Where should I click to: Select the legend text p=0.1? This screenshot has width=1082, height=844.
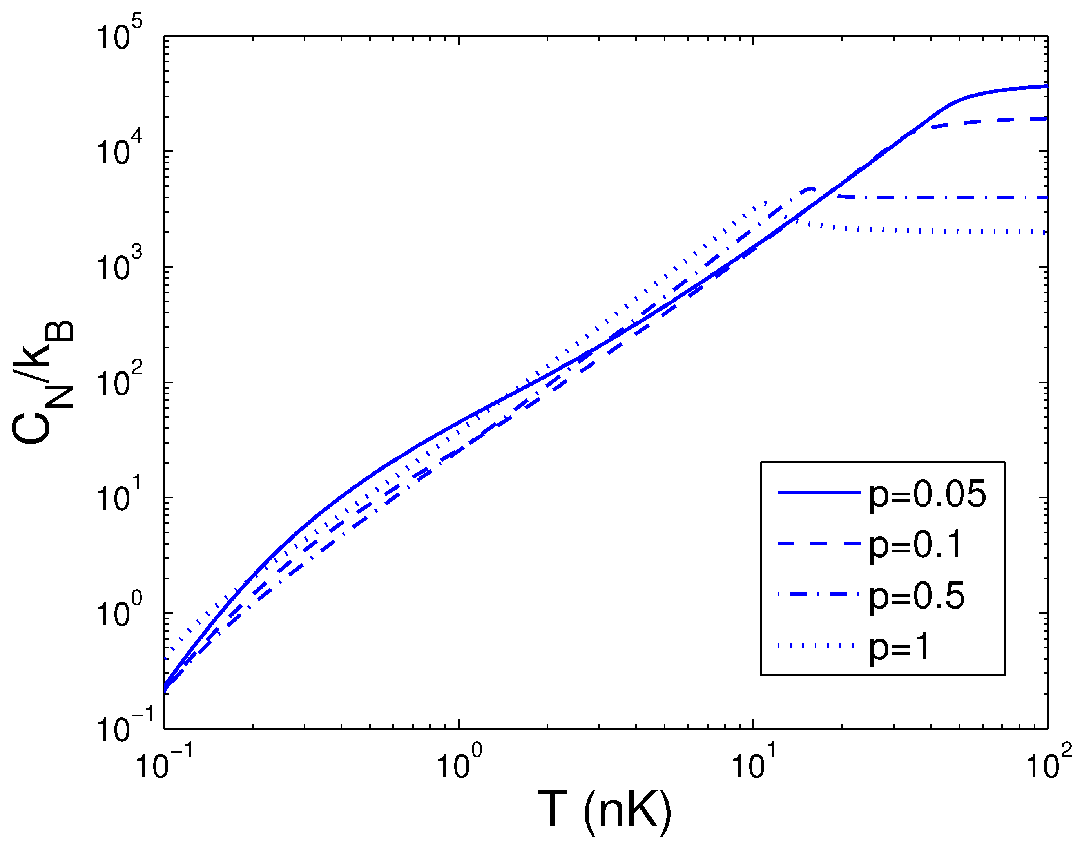[915, 545]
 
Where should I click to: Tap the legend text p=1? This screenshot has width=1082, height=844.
[899, 647]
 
